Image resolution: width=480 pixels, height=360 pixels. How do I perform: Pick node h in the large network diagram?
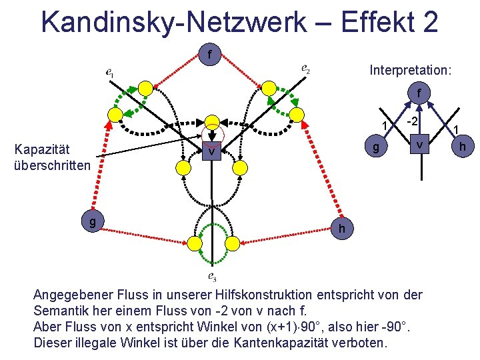click(x=341, y=228)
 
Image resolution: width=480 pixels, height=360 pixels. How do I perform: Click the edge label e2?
click(x=305, y=69)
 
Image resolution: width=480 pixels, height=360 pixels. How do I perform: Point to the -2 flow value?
click(x=413, y=121)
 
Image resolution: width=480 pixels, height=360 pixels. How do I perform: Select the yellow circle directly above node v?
click(x=212, y=122)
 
